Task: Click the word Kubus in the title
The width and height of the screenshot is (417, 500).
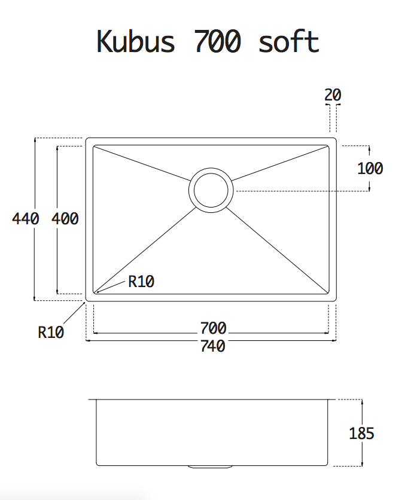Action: (x=136, y=41)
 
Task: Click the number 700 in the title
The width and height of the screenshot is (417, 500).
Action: (x=217, y=41)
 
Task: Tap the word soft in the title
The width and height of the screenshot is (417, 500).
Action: (x=289, y=41)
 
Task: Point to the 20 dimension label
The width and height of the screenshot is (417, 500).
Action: (x=333, y=94)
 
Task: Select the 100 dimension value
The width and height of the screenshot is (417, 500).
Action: (x=370, y=169)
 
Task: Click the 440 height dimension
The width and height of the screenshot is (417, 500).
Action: (x=26, y=219)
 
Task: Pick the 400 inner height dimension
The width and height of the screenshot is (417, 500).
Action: (x=65, y=219)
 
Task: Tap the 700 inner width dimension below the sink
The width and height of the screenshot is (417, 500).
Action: (x=213, y=328)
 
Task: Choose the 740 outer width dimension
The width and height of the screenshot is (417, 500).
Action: (x=213, y=346)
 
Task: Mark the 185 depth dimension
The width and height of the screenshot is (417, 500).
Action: (x=361, y=434)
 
